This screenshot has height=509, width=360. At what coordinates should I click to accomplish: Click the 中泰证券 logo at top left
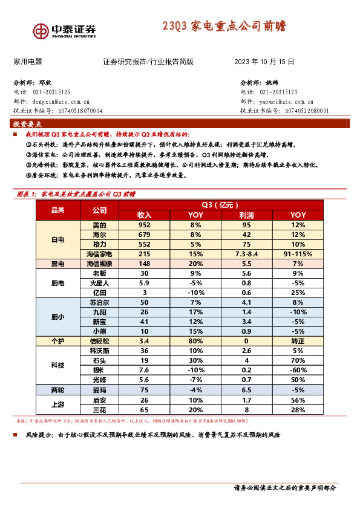(64, 30)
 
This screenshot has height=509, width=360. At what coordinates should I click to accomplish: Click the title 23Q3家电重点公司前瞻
(224, 27)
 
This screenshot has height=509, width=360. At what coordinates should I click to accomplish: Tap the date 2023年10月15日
(264, 62)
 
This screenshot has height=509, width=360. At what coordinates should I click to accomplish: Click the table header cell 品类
(58, 210)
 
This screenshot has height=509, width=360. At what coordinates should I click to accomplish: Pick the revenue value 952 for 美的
(144, 225)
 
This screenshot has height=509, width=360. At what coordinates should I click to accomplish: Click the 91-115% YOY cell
(298, 254)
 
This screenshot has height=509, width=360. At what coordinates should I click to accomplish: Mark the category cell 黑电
(58, 264)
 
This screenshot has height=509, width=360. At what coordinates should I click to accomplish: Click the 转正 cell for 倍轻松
(298, 341)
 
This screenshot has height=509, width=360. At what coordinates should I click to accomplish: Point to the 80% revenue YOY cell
(195, 341)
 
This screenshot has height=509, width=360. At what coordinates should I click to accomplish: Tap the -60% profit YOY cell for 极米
(298, 370)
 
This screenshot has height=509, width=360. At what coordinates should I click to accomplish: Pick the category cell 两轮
(58, 390)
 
